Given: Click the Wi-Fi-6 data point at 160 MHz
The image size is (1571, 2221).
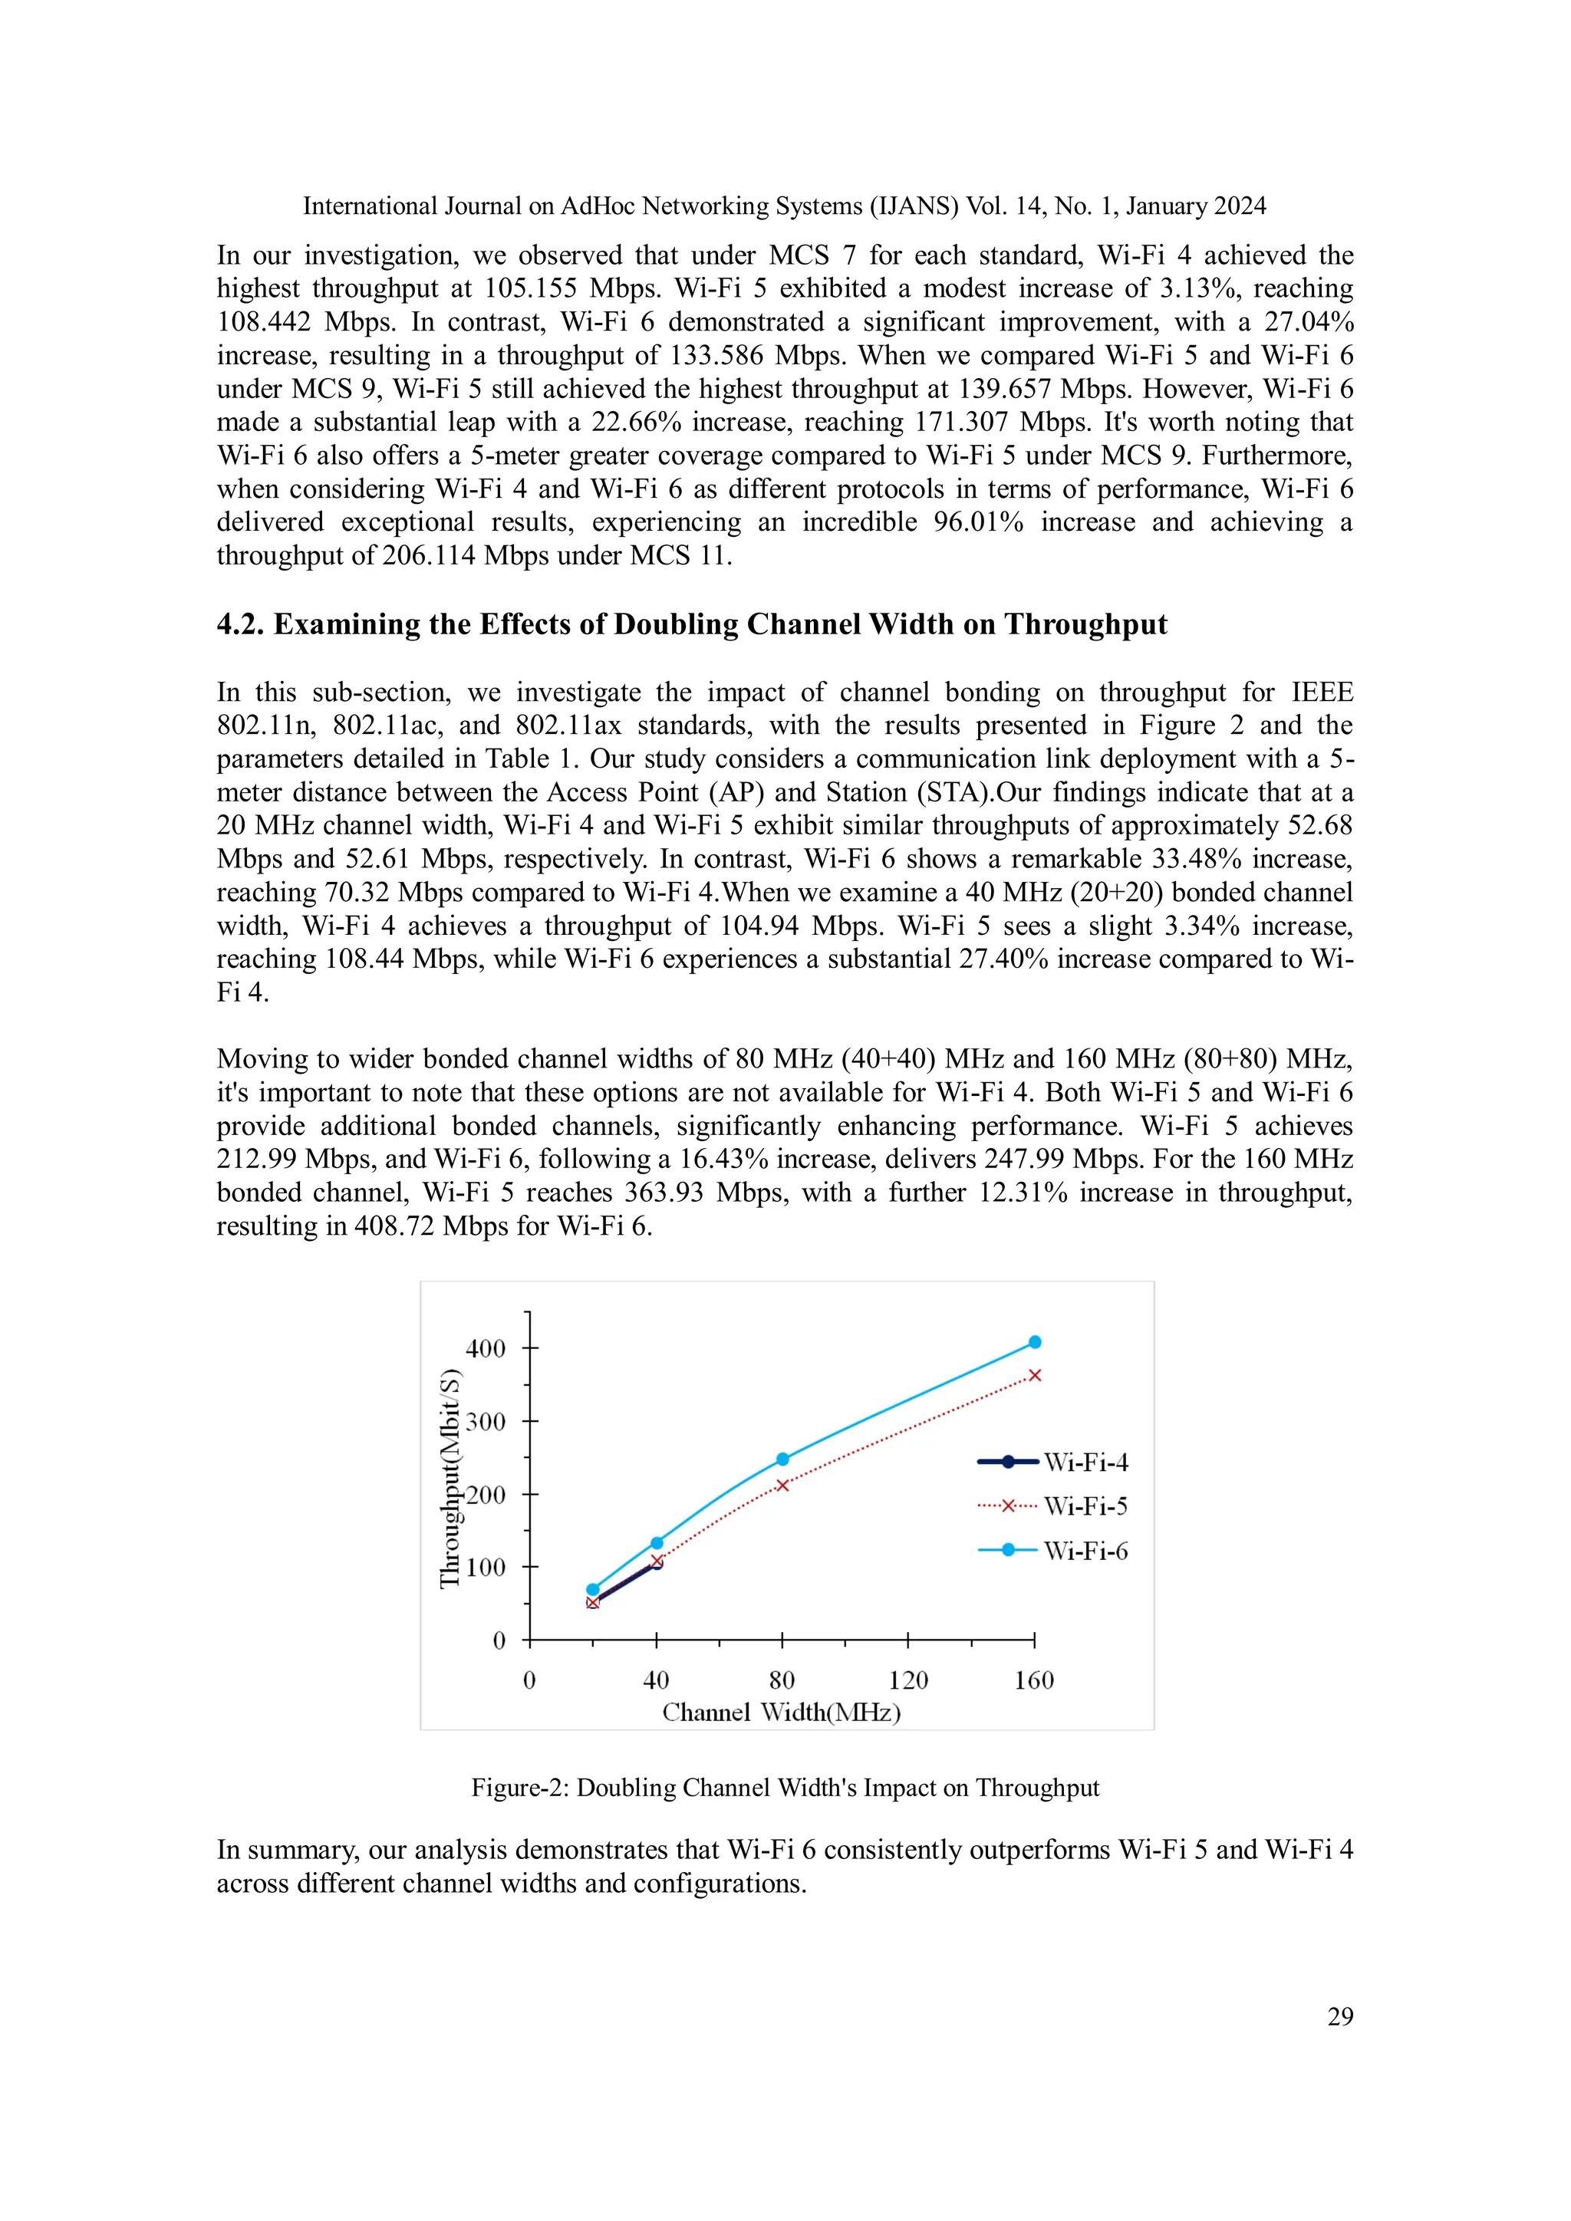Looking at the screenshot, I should tap(1034, 1341).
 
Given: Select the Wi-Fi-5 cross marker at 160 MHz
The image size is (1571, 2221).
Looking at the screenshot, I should tap(1034, 1376).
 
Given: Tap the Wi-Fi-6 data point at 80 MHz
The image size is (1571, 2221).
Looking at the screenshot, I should tap(782, 1459).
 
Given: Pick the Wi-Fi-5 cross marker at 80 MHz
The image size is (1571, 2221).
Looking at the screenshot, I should tap(782, 1485).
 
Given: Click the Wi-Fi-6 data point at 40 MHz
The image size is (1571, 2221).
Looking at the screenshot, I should tap(657, 1543).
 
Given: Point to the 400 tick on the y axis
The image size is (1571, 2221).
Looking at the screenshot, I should tap(486, 1348).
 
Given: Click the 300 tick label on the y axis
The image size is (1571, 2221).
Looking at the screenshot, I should tap(486, 1422).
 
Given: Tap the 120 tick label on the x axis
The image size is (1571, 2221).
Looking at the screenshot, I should tap(907, 1680).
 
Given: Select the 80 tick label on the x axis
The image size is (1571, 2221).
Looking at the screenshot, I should tap(782, 1680).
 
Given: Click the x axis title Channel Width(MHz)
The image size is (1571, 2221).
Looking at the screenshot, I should tap(781, 1713).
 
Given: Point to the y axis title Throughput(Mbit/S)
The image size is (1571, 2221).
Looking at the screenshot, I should tap(450, 1478).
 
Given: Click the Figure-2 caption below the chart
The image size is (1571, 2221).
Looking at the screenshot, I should tap(785, 1788).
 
